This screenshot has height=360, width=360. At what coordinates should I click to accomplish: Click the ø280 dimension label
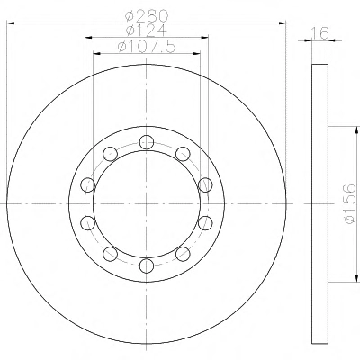point(146,15)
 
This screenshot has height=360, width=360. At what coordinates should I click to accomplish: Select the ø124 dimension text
point(146,31)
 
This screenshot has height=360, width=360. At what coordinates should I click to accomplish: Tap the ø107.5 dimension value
point(146,47)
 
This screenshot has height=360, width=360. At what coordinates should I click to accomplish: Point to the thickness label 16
point(319,33)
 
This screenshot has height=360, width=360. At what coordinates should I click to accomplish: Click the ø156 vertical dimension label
point(350,204)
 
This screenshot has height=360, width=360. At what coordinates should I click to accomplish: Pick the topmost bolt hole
point(147,142)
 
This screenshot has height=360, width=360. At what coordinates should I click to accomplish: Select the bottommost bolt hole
point(147,265)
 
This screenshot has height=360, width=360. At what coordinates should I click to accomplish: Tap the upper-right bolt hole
point(183,154)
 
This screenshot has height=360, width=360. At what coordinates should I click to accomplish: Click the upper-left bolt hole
point(110,154)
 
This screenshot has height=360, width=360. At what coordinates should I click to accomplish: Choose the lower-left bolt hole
point(110,254)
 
